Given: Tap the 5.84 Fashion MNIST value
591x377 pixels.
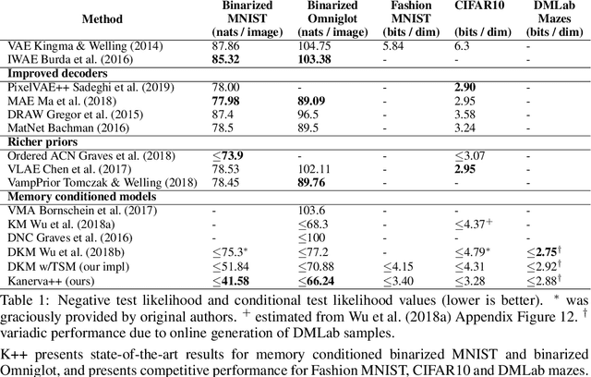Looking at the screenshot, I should [400, 44].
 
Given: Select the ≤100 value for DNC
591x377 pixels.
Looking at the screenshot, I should [319, 238].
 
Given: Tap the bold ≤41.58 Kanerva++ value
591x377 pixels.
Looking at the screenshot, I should [234, 280].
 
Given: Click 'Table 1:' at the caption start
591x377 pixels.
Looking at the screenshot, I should [22, 299].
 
